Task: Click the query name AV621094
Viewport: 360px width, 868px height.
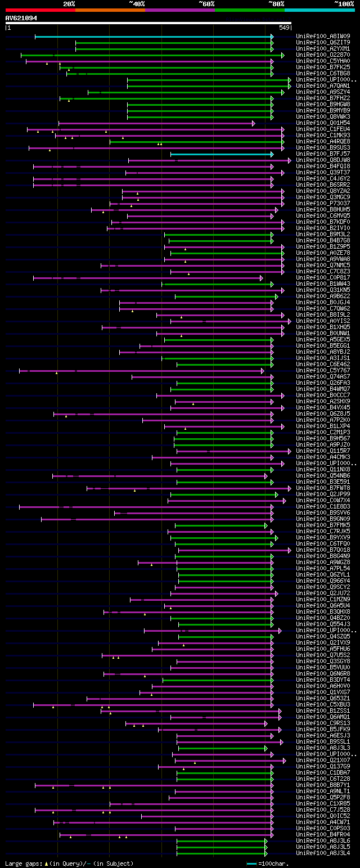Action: click(21, 18)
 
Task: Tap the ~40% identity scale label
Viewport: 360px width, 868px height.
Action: click(137, 4)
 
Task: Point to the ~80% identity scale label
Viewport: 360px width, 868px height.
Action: click(276, 4)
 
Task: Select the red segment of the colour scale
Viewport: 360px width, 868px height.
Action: click(40, 10)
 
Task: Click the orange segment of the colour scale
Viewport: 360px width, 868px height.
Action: click(110, 10)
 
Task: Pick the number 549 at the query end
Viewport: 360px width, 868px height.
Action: click(284, 28)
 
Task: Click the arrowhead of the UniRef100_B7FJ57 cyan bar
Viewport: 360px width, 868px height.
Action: click(272, 154)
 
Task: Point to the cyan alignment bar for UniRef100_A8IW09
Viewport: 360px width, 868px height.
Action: click(152, 37)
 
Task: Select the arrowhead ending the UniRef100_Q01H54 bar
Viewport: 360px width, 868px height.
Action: click(254, 123)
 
